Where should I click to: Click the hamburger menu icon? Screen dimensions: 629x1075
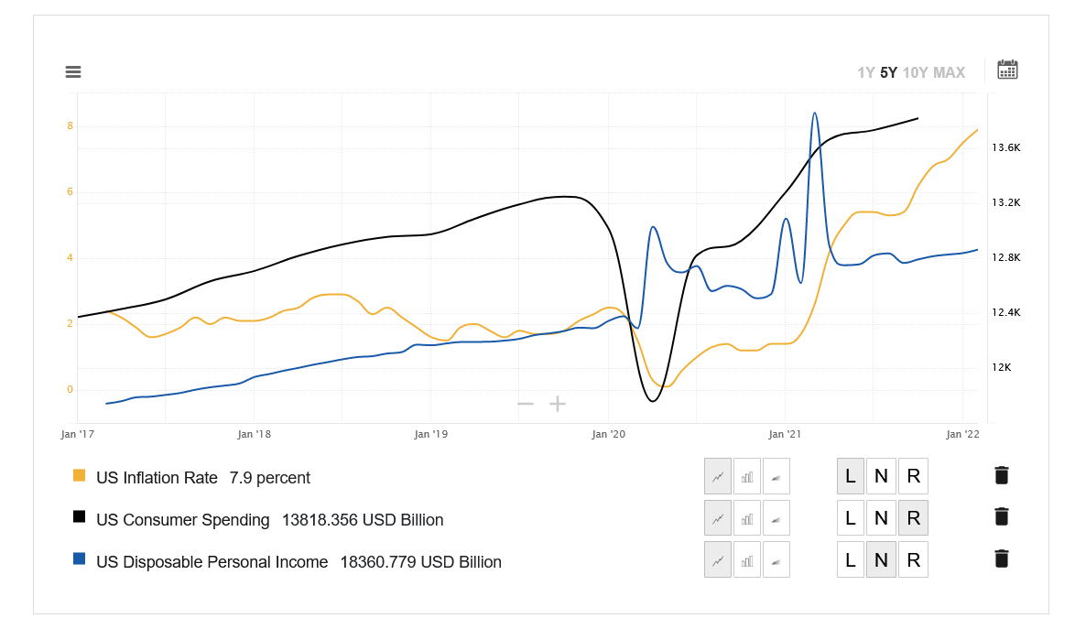click(73, 72)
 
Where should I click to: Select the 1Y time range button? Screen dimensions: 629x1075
click(865, 73)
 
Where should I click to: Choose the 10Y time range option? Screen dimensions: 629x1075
click(915, 73)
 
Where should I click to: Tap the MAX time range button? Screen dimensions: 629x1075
click(949, 73)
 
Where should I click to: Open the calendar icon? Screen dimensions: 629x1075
click(1007, 70)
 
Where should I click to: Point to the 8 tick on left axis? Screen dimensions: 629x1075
click(70, 126)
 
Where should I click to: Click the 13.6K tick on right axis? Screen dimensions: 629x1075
click(1006, 148)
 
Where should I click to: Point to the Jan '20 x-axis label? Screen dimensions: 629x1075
click(608, 434)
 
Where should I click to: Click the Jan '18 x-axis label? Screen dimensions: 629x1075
click(253, 434)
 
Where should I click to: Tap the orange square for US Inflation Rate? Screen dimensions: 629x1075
click(79, 476)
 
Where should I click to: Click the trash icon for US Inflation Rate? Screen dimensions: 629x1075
click(1002, 475)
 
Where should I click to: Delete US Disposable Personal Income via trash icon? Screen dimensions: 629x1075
click(1002, 559)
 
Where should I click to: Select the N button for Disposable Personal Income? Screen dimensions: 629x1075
click(881, 560)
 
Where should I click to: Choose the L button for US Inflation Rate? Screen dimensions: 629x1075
click(851, 476)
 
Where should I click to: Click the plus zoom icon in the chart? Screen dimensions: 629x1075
click(558, 404)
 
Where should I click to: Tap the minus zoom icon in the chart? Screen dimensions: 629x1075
click(526, 404)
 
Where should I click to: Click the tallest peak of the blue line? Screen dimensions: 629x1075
click(814, 114)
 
